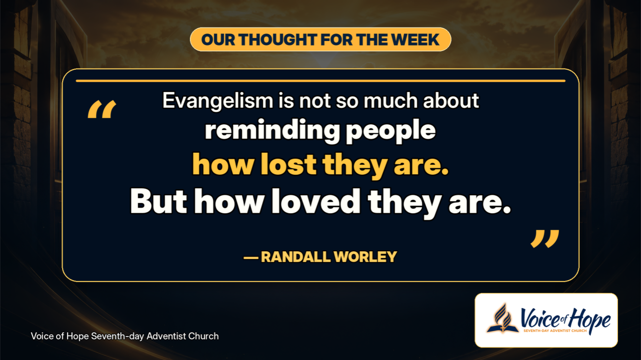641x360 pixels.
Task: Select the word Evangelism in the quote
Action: [218, 101]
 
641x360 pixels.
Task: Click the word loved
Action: [316, 201]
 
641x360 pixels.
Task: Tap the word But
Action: [159, 201]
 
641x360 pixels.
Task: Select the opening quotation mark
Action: [102, 109]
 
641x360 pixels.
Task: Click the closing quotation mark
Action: [545, 238]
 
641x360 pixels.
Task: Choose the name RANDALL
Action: [296, 257]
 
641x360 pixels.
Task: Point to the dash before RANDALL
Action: [251, 258]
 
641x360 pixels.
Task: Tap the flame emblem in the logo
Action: [503, 318]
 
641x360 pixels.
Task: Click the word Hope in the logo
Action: [590, 320]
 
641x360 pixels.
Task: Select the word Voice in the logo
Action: [539, 318]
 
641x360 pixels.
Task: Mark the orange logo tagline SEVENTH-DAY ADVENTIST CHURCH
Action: [555, 331]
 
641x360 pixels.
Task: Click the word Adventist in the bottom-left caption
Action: [165, 336]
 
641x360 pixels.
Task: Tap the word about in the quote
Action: [451, 101]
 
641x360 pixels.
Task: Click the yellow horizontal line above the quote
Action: [320, 81]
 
